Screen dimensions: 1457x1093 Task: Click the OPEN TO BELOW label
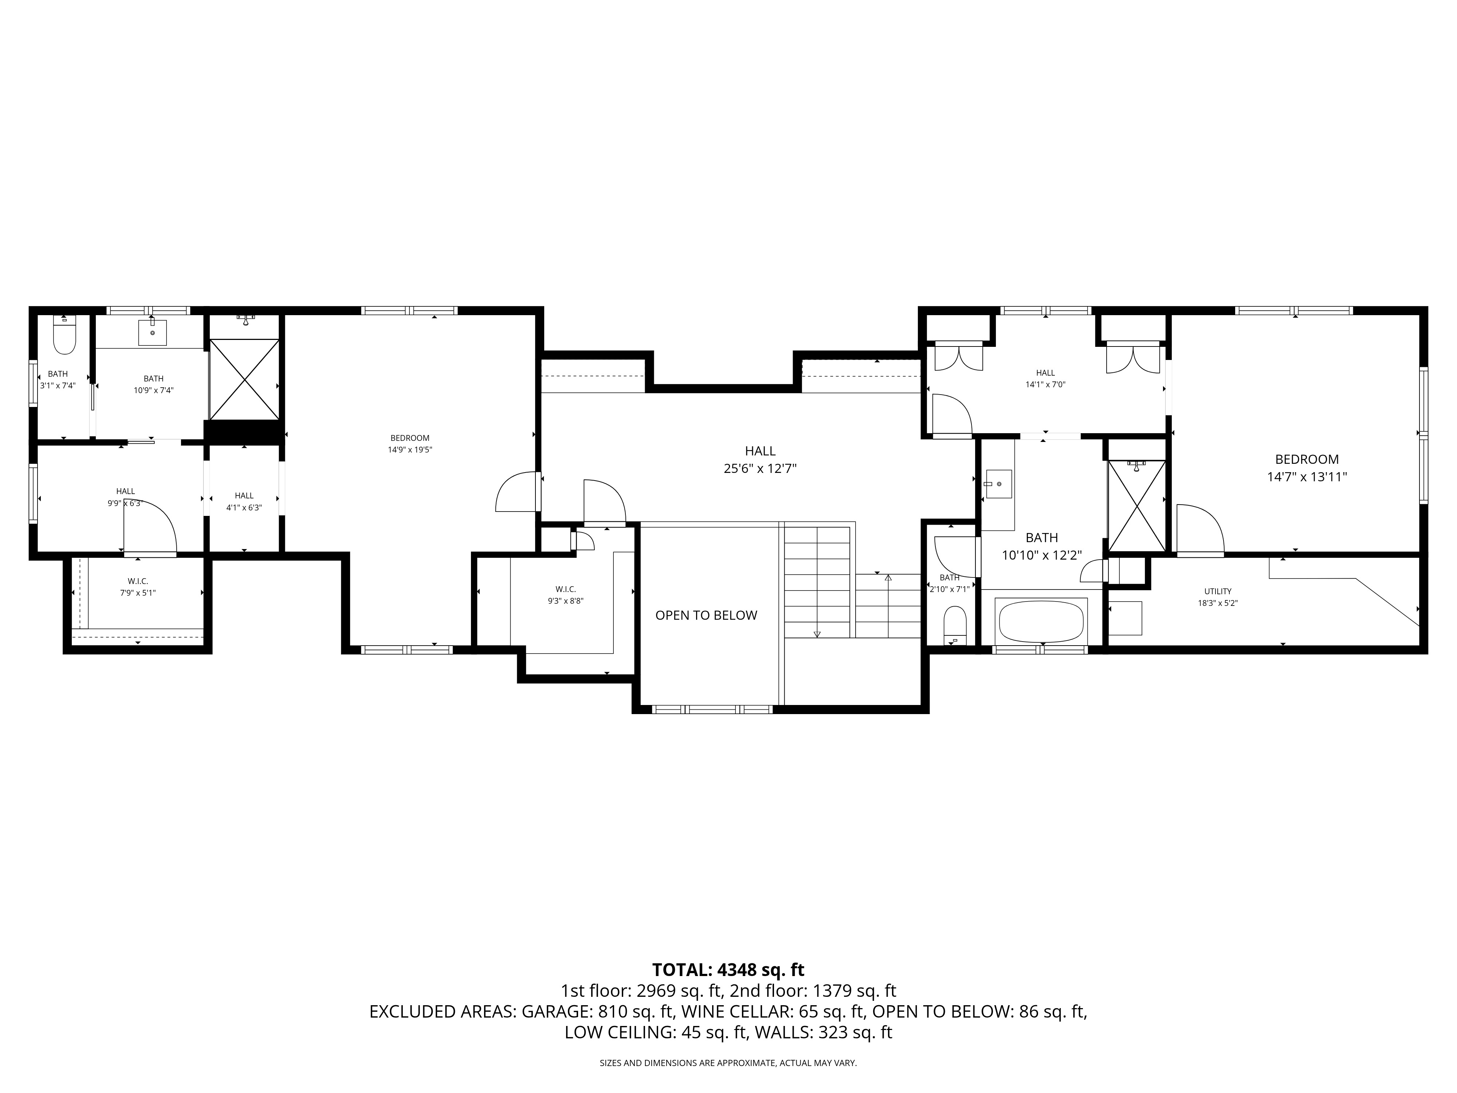[706, 615]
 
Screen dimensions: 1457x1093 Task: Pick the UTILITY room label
[1218, 592]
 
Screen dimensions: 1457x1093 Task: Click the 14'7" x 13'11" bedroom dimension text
[1307, 477]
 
